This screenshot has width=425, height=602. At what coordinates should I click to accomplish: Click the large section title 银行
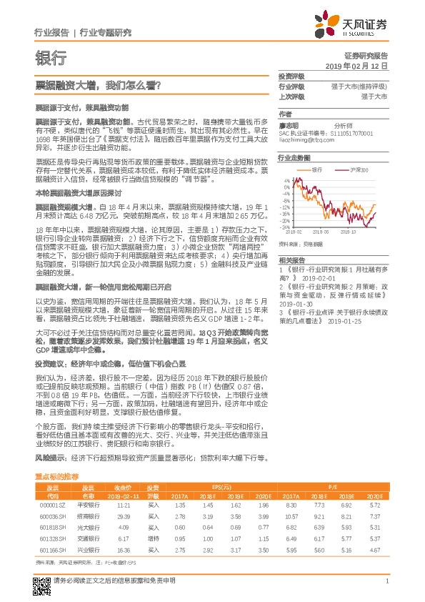(51, 58)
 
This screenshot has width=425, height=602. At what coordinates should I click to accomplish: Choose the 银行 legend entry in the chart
(319, 170)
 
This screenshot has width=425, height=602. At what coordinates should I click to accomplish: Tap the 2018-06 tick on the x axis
(320, 232)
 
